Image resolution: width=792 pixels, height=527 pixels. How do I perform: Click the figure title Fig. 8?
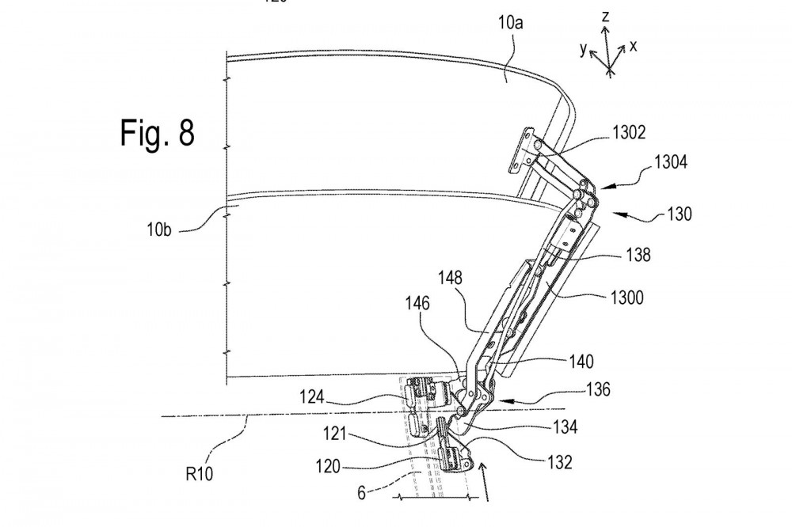[x=158, y=133]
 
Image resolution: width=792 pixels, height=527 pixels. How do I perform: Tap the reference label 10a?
[x=510, y=23]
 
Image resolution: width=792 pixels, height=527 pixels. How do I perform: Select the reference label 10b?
[x=159, y=229]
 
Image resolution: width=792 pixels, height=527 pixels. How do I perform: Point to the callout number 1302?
[x=629, y=132]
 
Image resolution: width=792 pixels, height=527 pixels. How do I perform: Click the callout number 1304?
[x=671, y=162]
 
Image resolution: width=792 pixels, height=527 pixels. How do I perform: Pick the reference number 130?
[x=680, y=214]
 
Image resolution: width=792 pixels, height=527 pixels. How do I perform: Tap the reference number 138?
[x=638, y=255]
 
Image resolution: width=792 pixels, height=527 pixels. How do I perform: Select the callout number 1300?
[x=626, y=298]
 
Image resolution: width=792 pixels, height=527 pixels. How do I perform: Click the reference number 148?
[x=450, y=278]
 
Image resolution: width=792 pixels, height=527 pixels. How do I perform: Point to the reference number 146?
[x=417, y=303]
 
